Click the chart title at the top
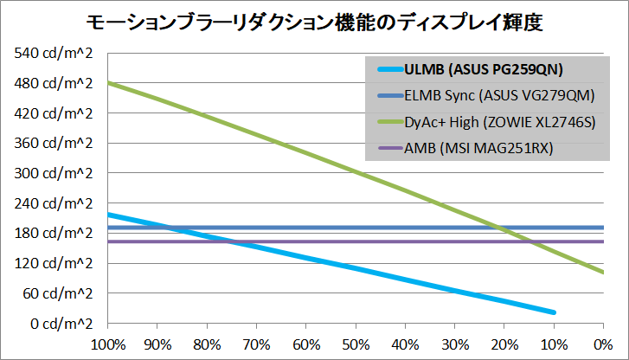[x=314, y=21]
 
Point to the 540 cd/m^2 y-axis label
[x=52, y=54]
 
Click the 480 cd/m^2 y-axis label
[x=52, y=84]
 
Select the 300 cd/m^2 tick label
[x=52, y=173]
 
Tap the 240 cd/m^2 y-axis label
[x=52, y=203]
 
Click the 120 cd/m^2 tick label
[x=52, y=263]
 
